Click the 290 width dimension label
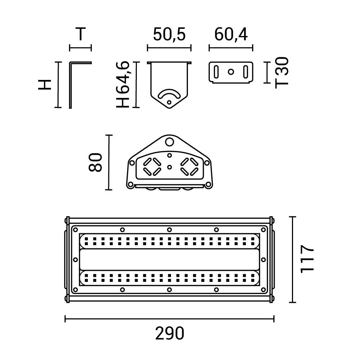[170, 333]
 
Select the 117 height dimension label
[307, 259]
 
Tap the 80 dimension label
[95, 162]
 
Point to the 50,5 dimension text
[169, 35]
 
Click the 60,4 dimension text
[231, 35]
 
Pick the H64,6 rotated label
[123, 85]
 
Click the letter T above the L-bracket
[80, 34]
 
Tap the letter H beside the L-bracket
[45, 85]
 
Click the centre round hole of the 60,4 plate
[231, 72]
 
